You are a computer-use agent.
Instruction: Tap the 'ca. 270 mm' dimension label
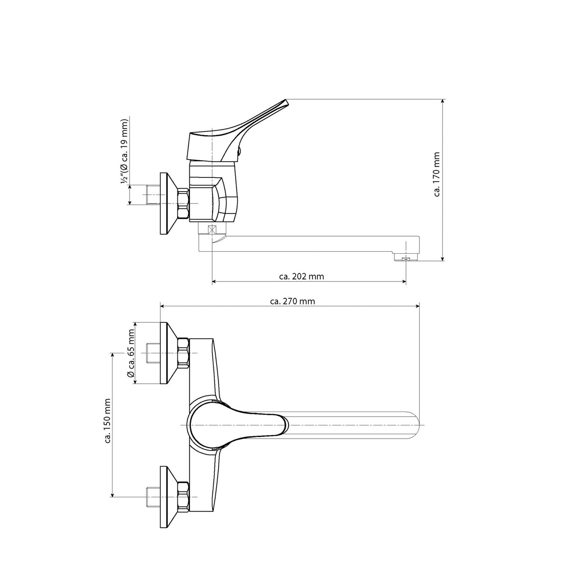pos(293,302)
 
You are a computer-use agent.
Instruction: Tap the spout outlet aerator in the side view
pos(406,259)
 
